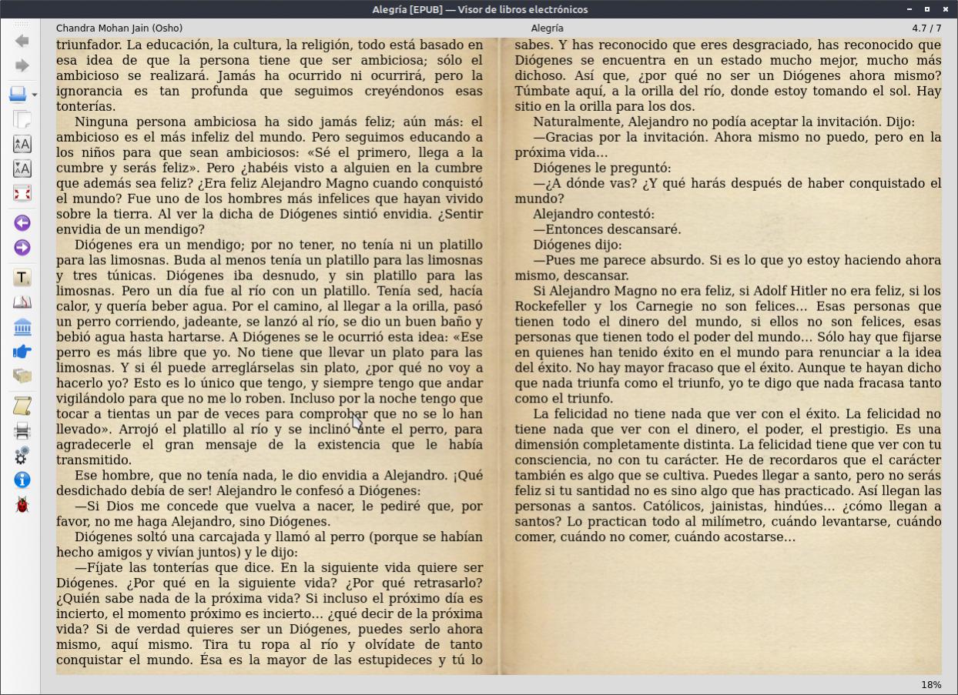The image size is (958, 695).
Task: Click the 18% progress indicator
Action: coord(931,685)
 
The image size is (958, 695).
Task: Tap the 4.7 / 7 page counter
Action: coord(926,28)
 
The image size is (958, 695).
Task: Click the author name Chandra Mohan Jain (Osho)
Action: coord(119,28)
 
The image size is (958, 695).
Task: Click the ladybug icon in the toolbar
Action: coord(22,505)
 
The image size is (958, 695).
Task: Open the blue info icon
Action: coord(22,480)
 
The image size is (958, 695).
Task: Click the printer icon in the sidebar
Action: coord(22,431)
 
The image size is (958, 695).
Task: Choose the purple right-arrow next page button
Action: coord(22,248)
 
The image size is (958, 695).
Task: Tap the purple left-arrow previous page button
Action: coord(22,223)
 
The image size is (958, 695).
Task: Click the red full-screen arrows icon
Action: coord(22,193)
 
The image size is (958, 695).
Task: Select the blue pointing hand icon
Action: coord(22,352)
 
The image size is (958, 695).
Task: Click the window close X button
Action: coord(945,9)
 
